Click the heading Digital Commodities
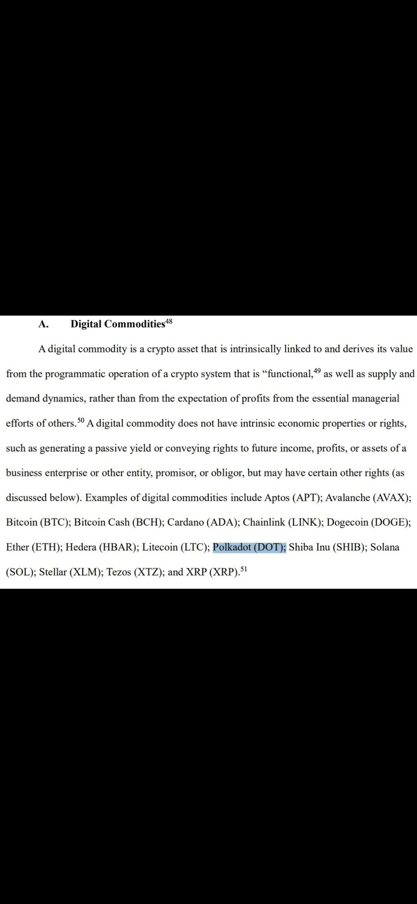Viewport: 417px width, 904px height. point(118,324)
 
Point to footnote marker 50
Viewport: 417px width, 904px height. point(80,420)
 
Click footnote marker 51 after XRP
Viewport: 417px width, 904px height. point(243,569)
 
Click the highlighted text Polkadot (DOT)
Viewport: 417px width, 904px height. point(249,547)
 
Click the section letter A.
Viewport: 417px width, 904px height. point(43,324)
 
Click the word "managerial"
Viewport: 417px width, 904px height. point(375,398)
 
